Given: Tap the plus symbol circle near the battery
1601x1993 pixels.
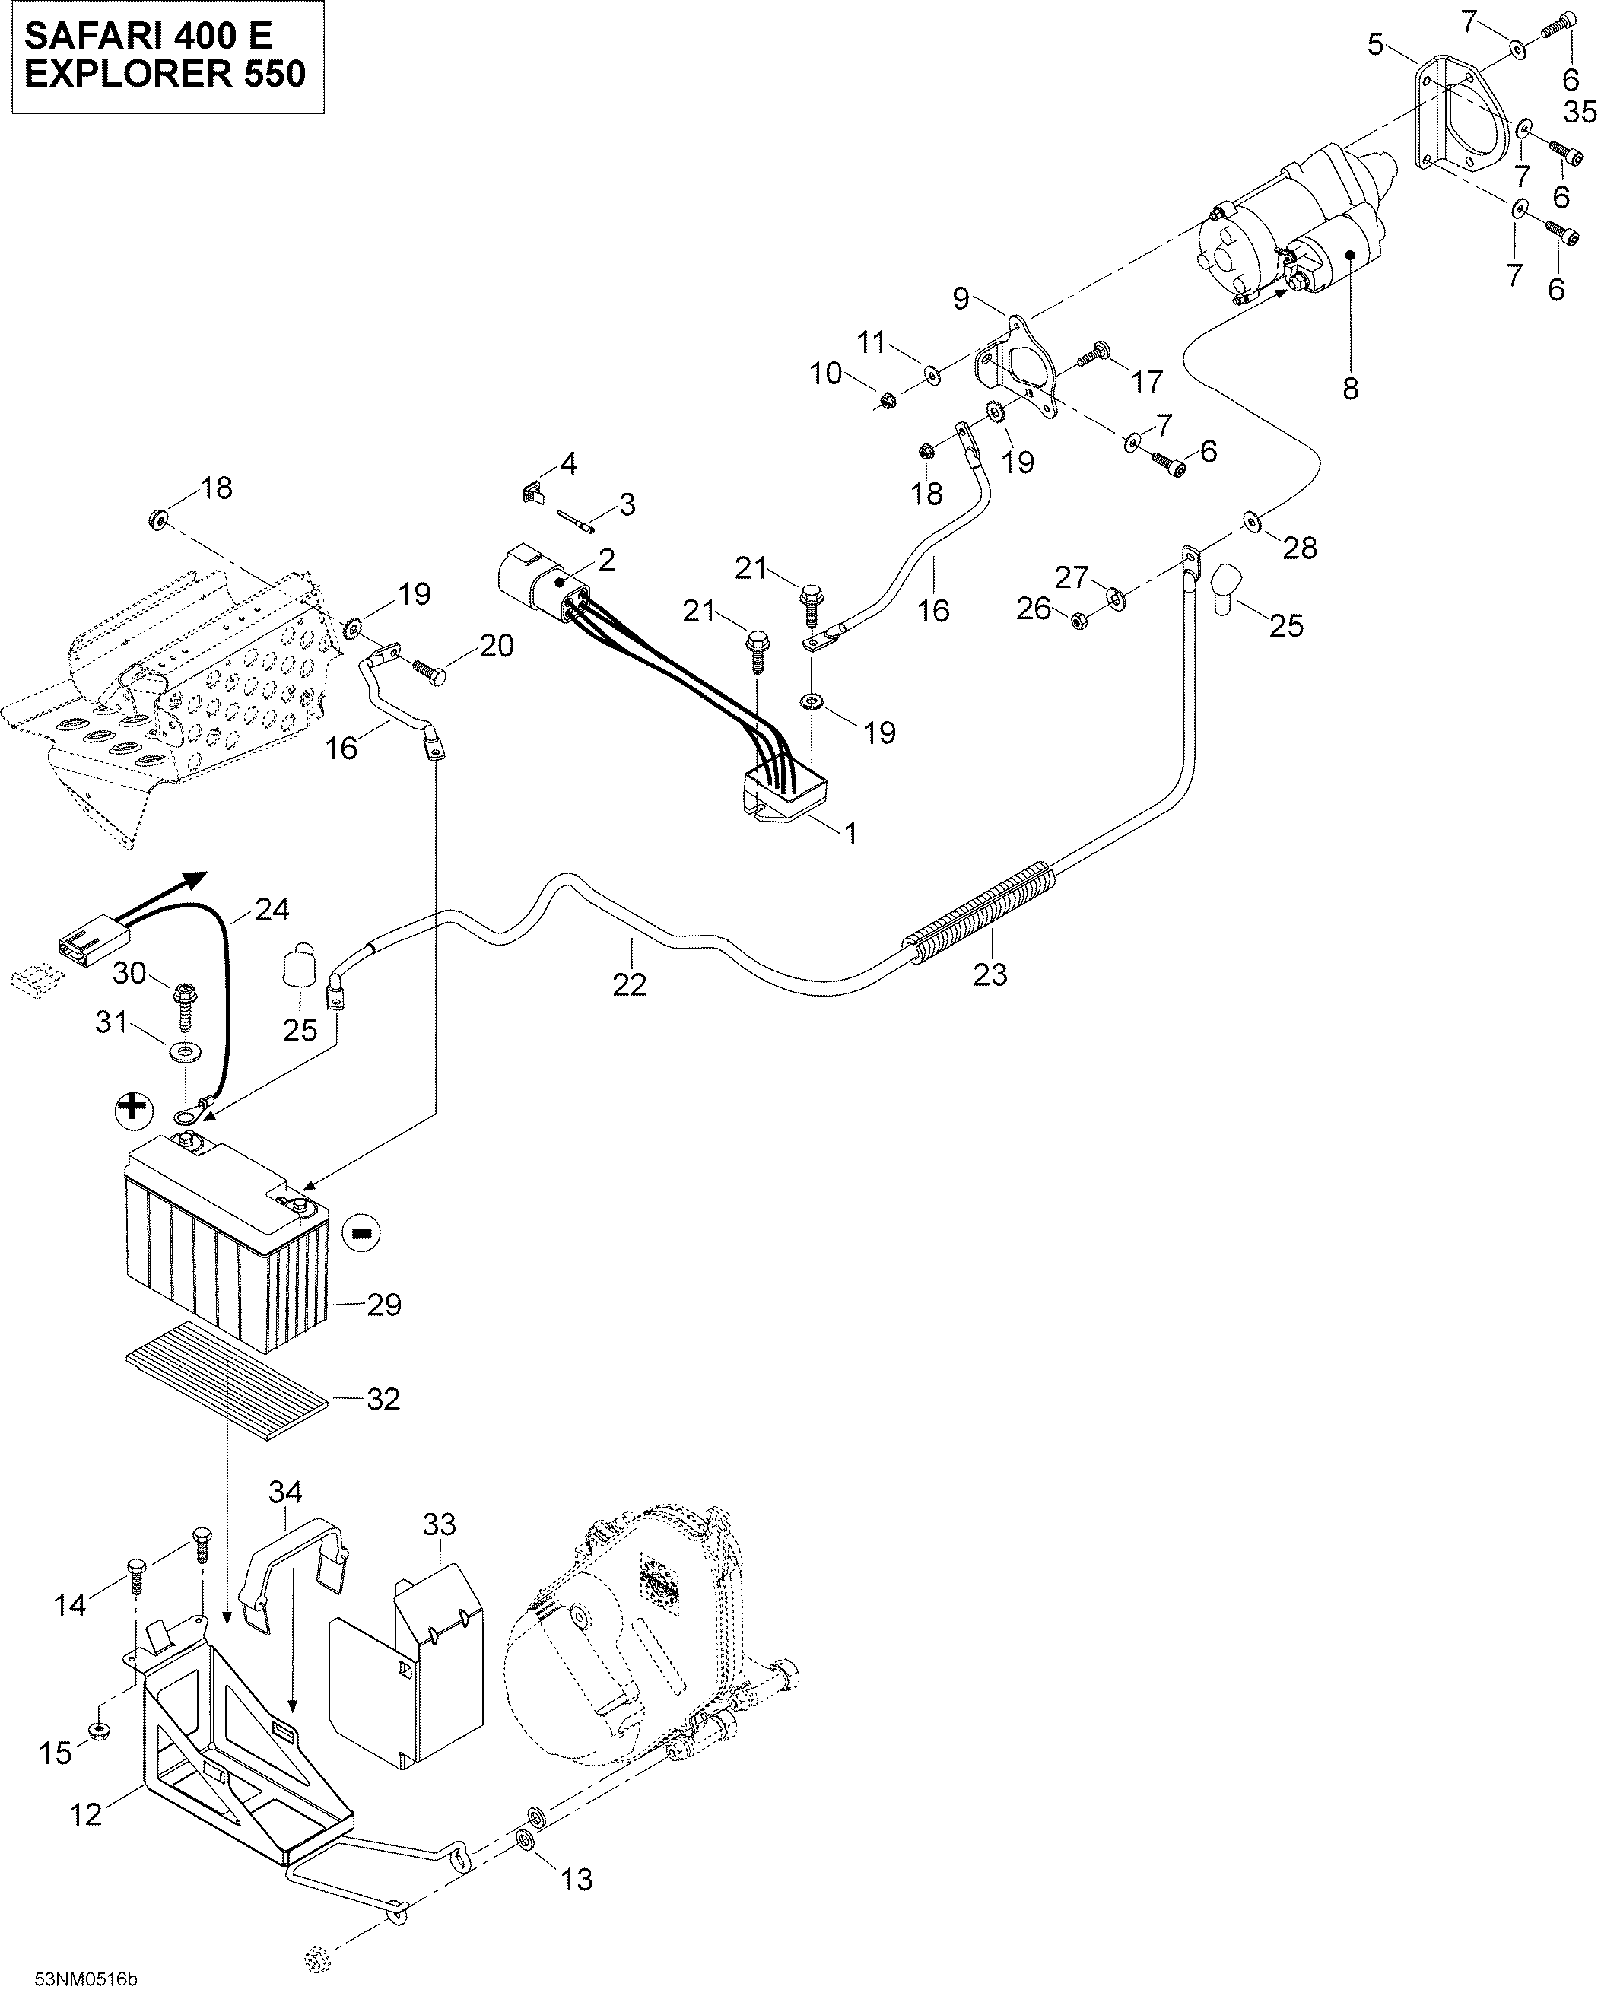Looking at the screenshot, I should (134, 1108).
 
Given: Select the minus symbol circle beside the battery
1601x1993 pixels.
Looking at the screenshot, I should (361, 1232).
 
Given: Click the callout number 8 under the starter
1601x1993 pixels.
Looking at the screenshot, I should (1351, 389).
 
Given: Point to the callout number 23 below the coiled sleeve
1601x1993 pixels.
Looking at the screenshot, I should (990, 974).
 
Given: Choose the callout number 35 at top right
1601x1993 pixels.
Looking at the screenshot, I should (1580, 112).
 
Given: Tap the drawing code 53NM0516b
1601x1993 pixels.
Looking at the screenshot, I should (85, 1972).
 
